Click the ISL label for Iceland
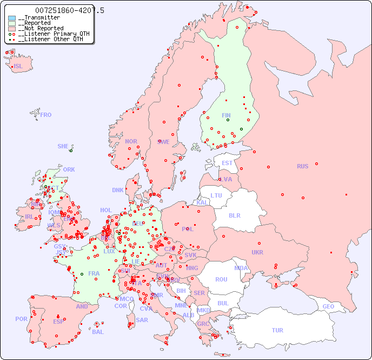pos(18,67)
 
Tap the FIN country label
pos(226,115)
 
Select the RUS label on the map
pos(302,166)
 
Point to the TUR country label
pos(277,330)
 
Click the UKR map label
pos(257,252)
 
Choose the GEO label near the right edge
pos(328,306)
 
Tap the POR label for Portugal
pos(21,319)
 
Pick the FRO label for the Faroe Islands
pos(46,115)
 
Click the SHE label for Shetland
pos(63,146)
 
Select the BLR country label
pos(234,215)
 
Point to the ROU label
pos(221,279)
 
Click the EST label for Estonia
pos(227,163)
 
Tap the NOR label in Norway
pos(131,141)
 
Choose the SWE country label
pos(163,142)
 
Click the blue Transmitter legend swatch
pos(12,18)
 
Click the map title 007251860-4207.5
pos(70,10)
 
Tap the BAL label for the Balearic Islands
pos(97,332)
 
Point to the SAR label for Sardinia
pos(142,320)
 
